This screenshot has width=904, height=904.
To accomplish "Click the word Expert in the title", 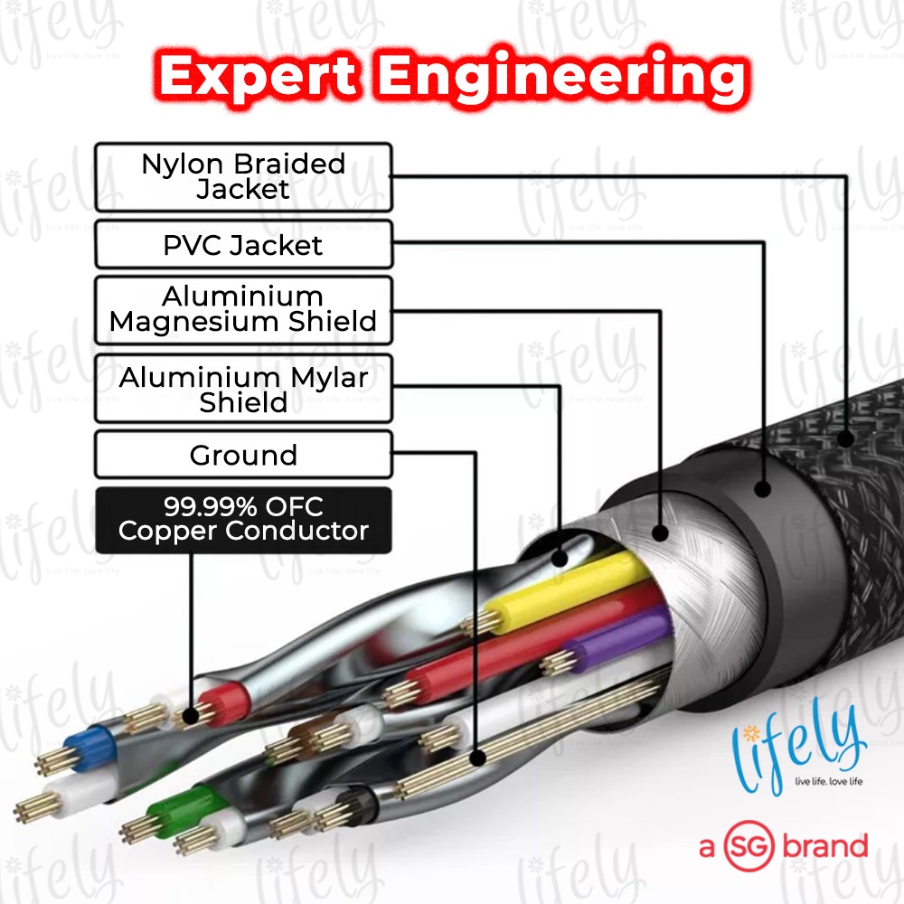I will point(261,78).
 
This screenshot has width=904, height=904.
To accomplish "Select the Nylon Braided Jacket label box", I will point(243,177).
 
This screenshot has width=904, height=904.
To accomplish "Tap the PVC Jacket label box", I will point(243,245).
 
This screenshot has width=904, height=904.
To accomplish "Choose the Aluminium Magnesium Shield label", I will point(243,309).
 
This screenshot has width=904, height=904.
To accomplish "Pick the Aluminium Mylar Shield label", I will point(243,389).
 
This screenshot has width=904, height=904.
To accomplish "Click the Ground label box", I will point(243,455).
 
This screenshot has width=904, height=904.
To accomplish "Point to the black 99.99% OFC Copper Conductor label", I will point(243,519).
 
